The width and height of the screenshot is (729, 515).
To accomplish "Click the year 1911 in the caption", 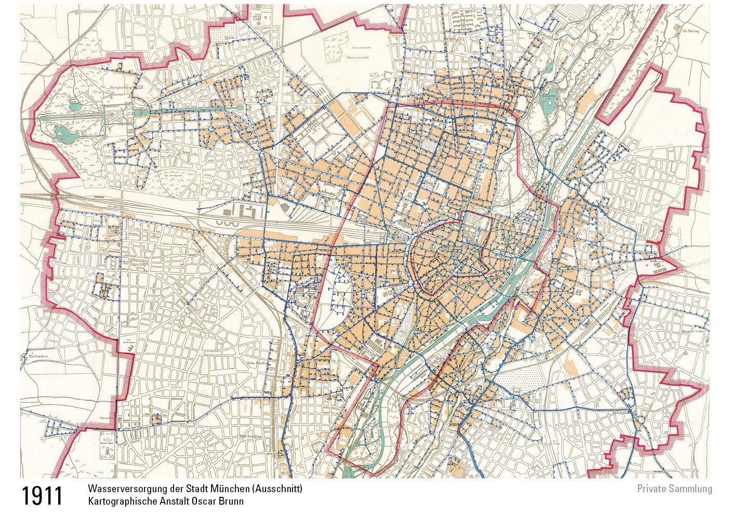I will tap(42, 496).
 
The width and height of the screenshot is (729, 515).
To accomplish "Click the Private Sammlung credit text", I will tap(674, 489).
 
